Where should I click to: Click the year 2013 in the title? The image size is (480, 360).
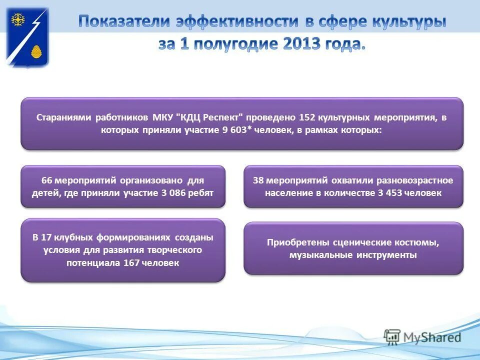301,43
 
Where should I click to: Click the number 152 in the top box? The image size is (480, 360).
306,118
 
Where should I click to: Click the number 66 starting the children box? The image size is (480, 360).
46,180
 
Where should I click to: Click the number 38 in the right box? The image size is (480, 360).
258,180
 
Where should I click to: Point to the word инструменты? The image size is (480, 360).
386,255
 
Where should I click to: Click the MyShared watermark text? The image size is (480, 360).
431,337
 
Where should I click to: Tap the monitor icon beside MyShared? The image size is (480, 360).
392,336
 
